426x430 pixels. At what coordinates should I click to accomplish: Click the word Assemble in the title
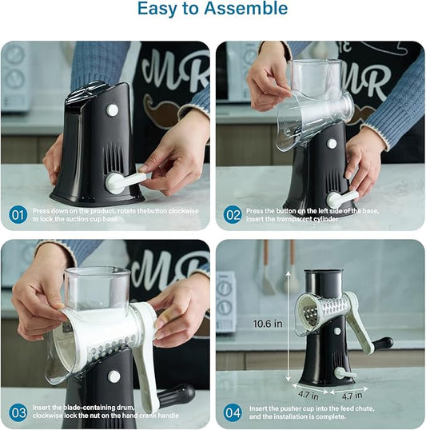pyautogui.click(x=246, y=9)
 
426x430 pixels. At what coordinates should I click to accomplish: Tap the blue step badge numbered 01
pyautogui.click(x=18, y=215)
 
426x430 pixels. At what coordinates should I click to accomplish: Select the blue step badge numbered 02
pyautogui.click(x=233, y=215)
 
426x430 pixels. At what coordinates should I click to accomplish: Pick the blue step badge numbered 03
pyautogui.click(x=18, y=412)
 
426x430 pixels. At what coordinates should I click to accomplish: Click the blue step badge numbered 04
pyautogui.click(x=233, y=412)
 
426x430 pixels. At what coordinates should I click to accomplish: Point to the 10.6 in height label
pyautogui.click(x=268, y=324)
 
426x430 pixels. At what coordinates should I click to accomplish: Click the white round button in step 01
pyautogui.click(x=112, y=110)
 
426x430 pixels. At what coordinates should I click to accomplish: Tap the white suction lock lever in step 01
pyautogui.click(x=125, y=181)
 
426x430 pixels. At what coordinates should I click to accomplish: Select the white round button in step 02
pyautogui.click(x=332, y=144)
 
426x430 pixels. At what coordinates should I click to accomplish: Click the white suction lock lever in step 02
pyautogui.click(x=342, y=199)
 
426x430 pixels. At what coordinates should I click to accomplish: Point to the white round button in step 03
pyautogui.click(x=113, y=376)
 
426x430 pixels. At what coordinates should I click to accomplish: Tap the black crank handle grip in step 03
pyautogui.click(x=177, y=396)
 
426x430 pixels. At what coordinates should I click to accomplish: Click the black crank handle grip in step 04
pyautogui.click(x=383, y=344)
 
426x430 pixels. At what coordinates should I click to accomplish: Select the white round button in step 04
pyautogui.click(x=337, y=331)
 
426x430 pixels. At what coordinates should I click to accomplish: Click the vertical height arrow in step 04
pyautogui.click(x=289, y=326)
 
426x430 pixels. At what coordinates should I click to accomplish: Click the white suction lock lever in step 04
pyautogui.click(x=344, y=373)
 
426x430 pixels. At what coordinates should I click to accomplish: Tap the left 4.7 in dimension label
pyautogui.click(x=309, y=395)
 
